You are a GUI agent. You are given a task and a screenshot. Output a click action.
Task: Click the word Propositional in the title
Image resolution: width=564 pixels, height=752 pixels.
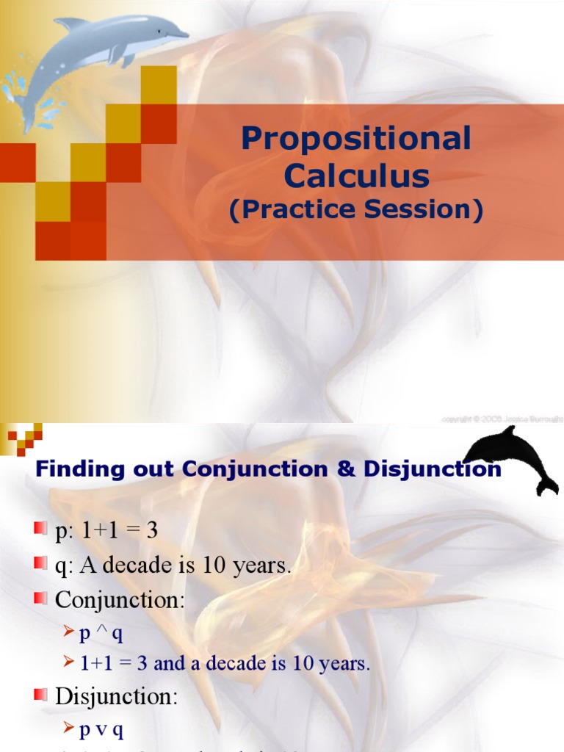coord(356,139)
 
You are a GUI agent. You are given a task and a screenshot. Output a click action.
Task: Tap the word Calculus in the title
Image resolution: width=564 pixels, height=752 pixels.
coord(356,176)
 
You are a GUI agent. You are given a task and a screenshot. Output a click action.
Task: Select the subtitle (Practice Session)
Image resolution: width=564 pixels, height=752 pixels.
coord(356,210)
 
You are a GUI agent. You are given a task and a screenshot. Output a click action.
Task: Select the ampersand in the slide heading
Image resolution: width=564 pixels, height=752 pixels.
coord(345,470)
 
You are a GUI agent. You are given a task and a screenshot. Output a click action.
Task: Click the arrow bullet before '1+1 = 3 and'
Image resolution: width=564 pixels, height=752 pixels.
coord(68,663)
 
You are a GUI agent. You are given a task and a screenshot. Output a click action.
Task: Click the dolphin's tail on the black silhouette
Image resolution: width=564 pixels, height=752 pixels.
coord(546,484)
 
